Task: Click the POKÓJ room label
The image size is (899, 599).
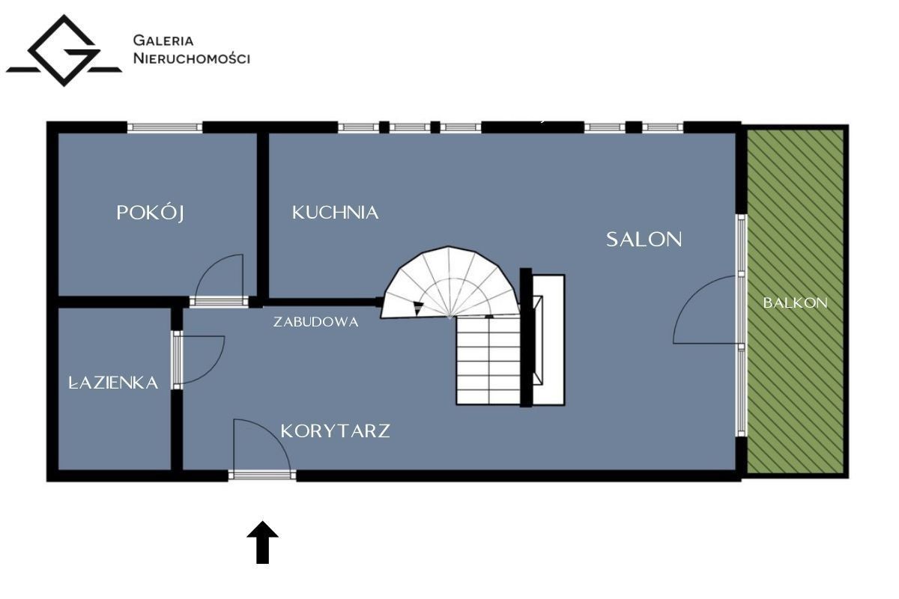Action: (150, 213)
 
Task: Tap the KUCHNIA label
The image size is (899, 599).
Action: (335, 213)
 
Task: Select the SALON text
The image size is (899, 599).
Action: (644, 240)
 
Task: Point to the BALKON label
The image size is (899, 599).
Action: (795, 302)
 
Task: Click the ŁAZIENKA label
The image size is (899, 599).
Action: (114, 383)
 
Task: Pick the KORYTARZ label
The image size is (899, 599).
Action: (335, 431)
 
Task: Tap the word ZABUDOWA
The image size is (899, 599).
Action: (316, 322)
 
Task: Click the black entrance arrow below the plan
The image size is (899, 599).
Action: (262, 542)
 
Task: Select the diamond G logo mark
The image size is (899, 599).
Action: (64, 51)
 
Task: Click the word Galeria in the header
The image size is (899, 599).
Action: (163, 40)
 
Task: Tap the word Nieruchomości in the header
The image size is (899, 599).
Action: (192, 58)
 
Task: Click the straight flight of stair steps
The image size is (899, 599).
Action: (488, 360)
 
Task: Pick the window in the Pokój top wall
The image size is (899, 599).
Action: (165, 127)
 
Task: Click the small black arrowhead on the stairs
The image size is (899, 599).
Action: (418, 308)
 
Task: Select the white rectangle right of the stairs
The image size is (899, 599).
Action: (548, 339)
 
